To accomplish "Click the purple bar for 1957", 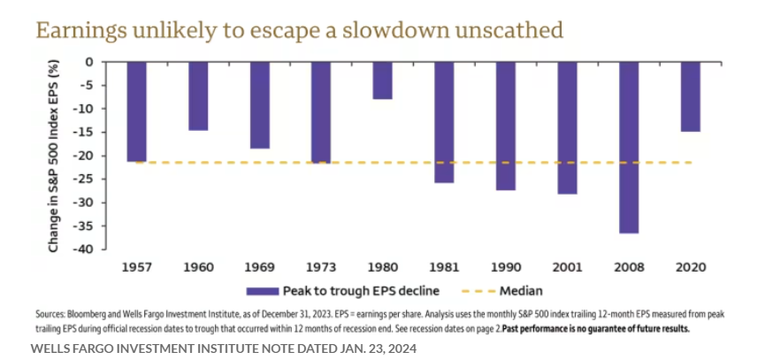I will (136, 111).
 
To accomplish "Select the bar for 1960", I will (198, 96).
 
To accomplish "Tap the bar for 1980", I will (382, 80).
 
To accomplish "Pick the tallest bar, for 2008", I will (629, 148).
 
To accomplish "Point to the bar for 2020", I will (691, 96).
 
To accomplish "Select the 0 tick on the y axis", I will (89, 62).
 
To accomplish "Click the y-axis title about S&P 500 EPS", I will (54, 157).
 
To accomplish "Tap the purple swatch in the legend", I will (263, 290).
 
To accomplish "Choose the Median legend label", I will (521, 290).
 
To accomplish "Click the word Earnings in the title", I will (75, 30).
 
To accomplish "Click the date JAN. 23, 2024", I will (367, 348).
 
